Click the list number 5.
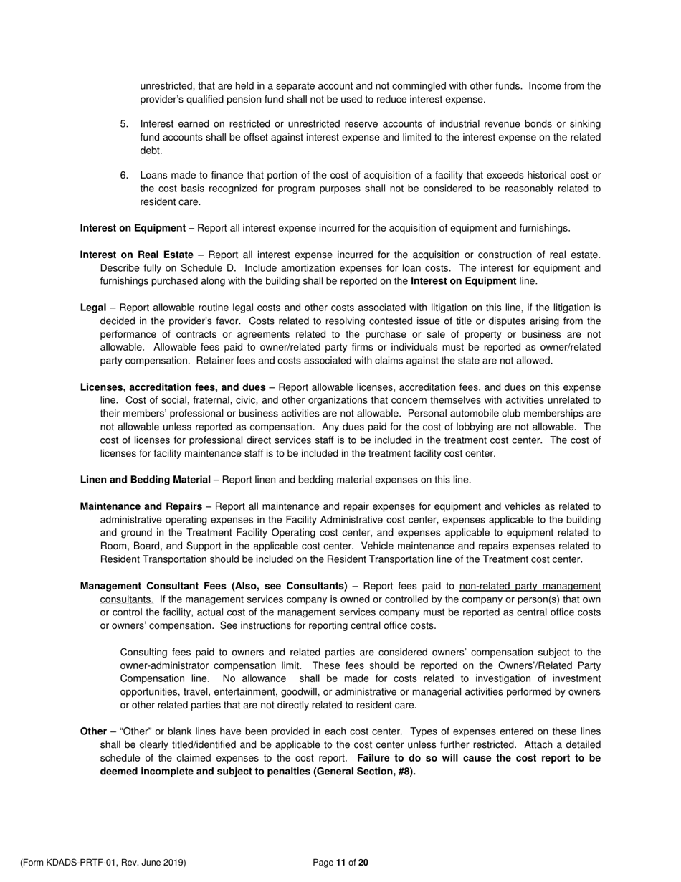(124, 124)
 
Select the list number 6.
(124, 176)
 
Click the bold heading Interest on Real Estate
(136, 255)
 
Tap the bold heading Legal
(93, 308)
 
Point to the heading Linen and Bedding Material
(146, 480)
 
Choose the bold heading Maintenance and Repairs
(141, 506)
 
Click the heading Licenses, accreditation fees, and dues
(173, 387)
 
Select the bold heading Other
(93, 731)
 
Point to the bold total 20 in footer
(363, 863)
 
